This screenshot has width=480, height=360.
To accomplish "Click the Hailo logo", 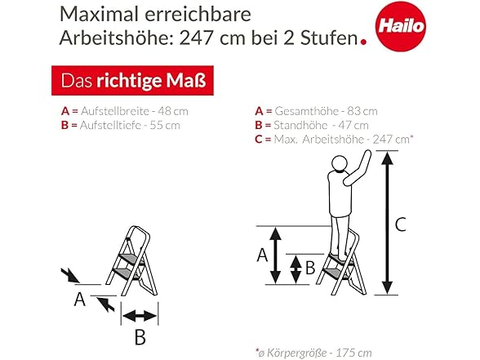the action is point(400,26).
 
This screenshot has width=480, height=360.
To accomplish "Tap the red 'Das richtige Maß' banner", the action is point(132,81).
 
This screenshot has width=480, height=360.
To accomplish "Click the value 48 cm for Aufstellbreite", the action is point(173,111).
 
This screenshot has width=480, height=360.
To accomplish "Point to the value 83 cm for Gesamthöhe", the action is point(362,111).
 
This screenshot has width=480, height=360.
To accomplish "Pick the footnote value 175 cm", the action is point(354,353).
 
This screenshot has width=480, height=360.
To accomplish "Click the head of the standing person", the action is point(340,163).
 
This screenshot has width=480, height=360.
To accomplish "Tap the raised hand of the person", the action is point(367,155).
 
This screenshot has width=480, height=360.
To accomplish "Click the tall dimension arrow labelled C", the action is point(387,223).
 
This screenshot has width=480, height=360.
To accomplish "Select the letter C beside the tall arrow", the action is point(400,224).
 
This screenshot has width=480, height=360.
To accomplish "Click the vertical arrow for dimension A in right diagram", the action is point(276,256).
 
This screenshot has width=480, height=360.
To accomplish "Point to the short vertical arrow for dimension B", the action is point(296,269).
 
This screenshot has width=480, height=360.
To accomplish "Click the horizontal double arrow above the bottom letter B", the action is point(140,316).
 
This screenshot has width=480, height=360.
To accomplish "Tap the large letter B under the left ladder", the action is point(140,337).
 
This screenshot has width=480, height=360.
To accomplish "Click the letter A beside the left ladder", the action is point(80,299).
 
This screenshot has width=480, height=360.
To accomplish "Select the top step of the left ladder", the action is point(130,259).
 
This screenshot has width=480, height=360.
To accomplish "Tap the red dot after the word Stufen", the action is point(364,42).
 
